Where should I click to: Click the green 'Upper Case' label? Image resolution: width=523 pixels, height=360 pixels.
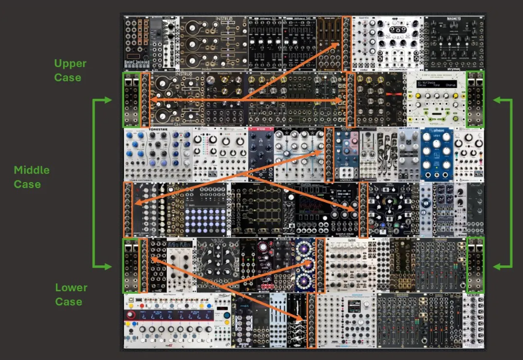click(x=70, y=70)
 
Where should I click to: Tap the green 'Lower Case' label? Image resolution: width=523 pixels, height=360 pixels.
click(x=71, y=294)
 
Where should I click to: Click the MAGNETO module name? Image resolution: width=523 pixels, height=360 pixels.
click(x=454, y=19)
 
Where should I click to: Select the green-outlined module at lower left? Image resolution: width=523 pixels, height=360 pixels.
click(x=131, y=265)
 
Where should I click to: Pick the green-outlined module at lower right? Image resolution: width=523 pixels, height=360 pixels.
click(x=475, y=265)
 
